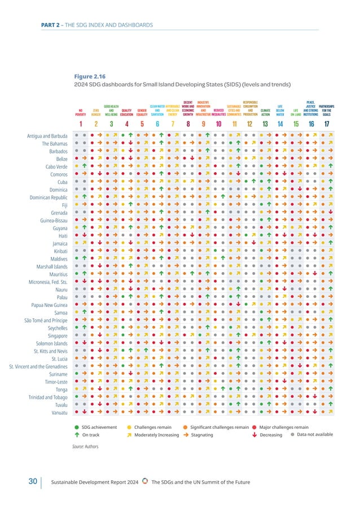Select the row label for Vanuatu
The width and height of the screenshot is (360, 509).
58,414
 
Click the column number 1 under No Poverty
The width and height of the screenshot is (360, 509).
80,124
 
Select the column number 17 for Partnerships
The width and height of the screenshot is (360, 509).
326,124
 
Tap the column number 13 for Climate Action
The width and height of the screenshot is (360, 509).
265,124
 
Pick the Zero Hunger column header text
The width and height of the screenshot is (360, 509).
96,112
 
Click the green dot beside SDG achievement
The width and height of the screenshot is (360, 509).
77,427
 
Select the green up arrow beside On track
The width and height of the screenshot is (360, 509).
77,435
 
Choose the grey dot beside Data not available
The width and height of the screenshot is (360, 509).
292,435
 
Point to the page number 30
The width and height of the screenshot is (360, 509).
33,481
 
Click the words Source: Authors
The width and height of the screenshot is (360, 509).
85,446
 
